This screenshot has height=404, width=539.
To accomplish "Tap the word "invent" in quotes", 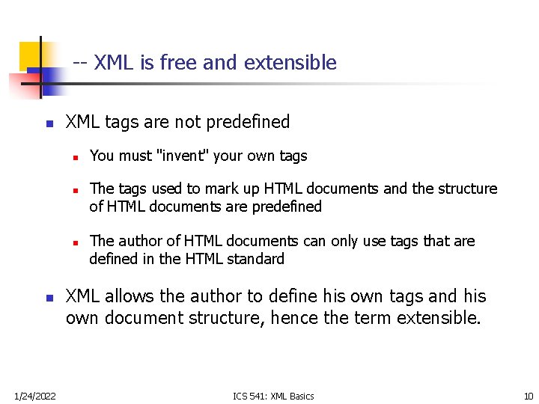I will [x=181, y=156].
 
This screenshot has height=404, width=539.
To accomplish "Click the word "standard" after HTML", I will [x=259, y=259].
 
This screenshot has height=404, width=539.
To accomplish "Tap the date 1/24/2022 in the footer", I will [x=35, y=396].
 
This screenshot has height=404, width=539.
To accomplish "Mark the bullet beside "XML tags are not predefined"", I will [x=49, y=123].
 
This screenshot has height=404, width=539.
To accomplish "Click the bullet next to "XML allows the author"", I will [x=49, y=298].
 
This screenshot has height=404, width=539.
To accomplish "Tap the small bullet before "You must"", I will [x=76, y=157].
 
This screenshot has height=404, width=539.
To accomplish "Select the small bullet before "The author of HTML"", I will [x=76, y=242].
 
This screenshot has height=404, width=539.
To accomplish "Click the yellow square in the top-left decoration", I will [x=30, y=54].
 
